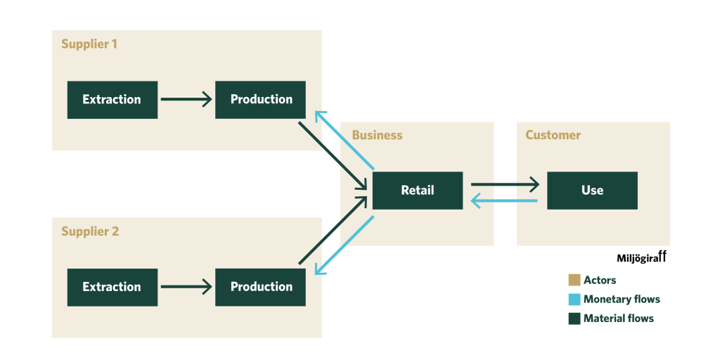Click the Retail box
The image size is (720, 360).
pos(418,191)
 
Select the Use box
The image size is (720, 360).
pos(592,191)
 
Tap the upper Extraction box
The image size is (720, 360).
pos(112,100)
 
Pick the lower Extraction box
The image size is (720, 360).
pos(112,287)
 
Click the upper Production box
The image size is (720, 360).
pos(261,100)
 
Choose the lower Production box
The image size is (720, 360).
pos(261,287)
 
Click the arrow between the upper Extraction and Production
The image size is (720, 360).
pos(186,99)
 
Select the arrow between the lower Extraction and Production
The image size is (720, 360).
pos(186,287)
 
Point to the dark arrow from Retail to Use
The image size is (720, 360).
pos(505,185)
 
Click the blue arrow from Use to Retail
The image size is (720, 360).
pos(505,202)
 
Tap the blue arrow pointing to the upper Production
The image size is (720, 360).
pos(344,140)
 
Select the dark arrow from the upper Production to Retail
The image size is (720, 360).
pos(332,155)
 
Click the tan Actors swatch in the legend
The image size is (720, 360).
pos(574,280)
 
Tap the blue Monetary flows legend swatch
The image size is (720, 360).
pos(574,299)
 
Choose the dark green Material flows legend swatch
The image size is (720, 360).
pos(574,319)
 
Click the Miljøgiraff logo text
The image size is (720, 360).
pos(641,259)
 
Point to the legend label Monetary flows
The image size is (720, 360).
pos(622,299)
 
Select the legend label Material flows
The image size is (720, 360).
pos(619,319)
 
